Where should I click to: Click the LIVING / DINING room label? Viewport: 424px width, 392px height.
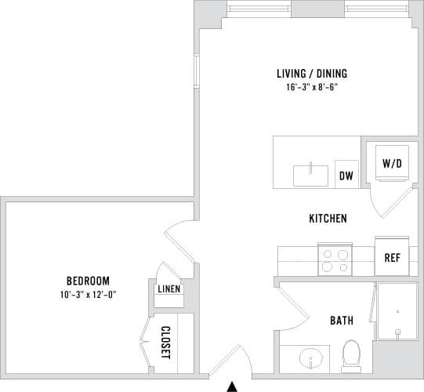[x=311, y=74]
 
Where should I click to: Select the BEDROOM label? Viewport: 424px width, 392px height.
[x=87, y=281]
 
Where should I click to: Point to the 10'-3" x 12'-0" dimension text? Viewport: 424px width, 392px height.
[x=87, y=294]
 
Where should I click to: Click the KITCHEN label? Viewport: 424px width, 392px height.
[x=327, y=219]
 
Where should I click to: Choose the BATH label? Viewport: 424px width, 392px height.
[x=340, y=320]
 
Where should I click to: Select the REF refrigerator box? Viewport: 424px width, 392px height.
[x=392, y=257]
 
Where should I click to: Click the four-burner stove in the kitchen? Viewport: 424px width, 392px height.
[x=335, y=259]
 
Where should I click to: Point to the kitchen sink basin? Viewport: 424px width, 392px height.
[x=310, y=175]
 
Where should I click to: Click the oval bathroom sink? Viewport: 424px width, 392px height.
[x=312, y=361]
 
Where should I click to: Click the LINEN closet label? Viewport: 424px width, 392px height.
[x=169, y=289]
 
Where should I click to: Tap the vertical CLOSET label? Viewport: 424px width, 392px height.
[x=165, y=343]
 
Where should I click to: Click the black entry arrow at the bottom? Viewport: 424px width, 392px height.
[x=231, y=385]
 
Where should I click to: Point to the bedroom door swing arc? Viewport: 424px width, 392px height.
[x=179, y=239]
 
